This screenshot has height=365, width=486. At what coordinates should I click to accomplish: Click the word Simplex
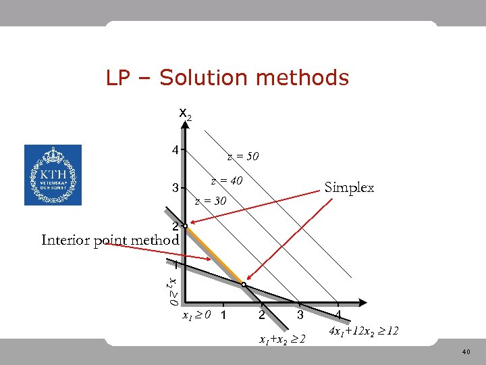(x=349, y=187)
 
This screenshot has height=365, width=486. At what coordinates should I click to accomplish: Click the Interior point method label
(x=110, y=240)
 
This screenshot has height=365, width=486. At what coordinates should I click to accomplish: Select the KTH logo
(x=53, y=175)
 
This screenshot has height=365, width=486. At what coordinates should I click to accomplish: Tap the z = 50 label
(x=243, y=157)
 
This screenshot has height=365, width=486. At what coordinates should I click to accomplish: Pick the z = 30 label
(x=210, y=201)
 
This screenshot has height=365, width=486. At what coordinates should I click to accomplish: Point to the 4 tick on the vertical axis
(x=175, y=149)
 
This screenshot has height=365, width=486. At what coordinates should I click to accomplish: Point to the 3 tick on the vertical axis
(x=175, y=188)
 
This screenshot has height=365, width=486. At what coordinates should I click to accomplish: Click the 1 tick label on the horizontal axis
(x=223, y=316)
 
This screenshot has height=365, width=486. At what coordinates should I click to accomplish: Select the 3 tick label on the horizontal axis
(x=300, y=316)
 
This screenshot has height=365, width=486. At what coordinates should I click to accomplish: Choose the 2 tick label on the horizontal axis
(x=261, y=316)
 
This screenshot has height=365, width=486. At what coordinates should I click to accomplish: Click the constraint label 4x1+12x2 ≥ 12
(x=363, y=332)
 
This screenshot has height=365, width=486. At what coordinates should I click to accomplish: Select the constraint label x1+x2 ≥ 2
(x=282, y=339)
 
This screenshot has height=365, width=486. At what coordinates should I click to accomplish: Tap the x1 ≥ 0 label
(x=196, y=314)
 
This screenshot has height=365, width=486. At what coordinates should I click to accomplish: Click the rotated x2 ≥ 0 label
(x=173, y=287)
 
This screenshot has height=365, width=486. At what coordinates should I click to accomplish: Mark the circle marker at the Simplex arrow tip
(x=244, y=285)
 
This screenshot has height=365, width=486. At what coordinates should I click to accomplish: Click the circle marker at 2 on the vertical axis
(x=184, y=226)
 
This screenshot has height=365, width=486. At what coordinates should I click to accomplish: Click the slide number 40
(x=466, y=351)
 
